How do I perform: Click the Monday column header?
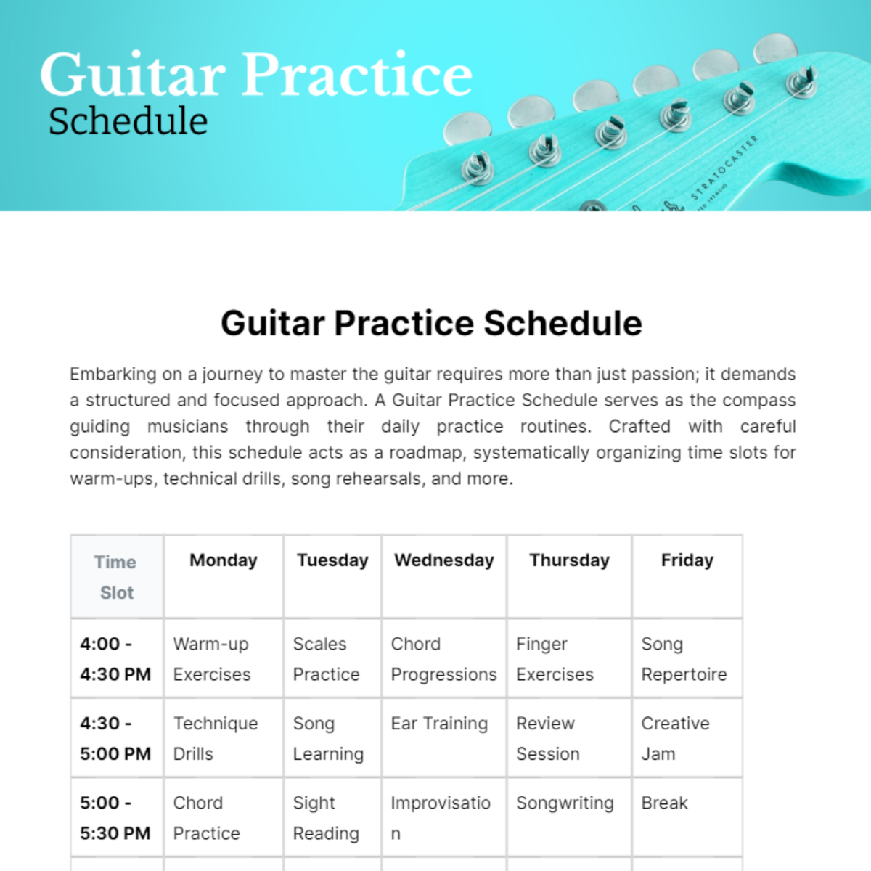pos(224,560)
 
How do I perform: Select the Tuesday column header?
pos(332,560)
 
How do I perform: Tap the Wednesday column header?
pos(444,560)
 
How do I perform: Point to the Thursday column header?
pos(570,560)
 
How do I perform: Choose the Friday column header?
pos(687,560)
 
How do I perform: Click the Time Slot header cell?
pos(116,577)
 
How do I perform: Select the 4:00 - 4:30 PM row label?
pos(115,659)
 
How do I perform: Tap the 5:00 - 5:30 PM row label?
pos(115,818)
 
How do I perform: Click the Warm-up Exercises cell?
pos(212,659)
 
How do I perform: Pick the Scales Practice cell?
pos(326,659)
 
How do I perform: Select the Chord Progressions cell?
pos(443,659)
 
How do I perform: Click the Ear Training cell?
pos(439,724)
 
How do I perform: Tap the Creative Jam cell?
pos(675,738)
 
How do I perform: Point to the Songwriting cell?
pos(565,803)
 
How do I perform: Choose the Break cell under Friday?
pos(664,803)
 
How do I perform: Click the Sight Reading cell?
pos(326,818)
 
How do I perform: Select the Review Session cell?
pos(548,738)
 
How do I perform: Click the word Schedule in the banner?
pos(128,121)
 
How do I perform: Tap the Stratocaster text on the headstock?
pos(724,167)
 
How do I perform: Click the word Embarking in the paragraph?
pos(113,375)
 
